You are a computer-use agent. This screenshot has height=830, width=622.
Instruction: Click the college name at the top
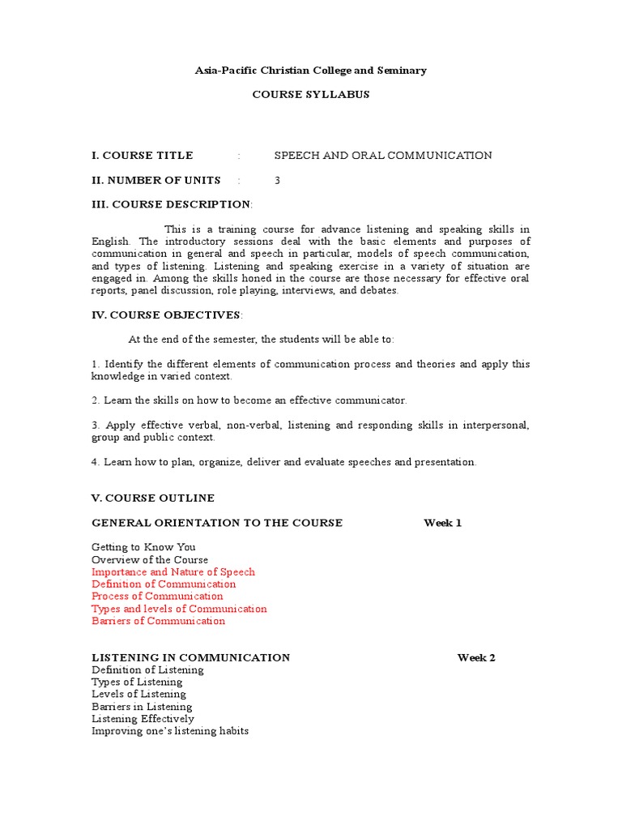point(310,71)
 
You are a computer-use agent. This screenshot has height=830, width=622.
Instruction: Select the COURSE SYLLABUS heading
point(310,94)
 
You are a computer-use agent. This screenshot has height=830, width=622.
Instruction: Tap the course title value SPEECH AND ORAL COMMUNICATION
point(383,156)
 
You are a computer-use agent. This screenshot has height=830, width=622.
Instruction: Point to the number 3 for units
point(277,180)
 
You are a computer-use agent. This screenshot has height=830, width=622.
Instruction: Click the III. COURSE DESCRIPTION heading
point(172,204)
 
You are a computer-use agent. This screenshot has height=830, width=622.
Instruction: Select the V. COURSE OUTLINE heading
point(153,498)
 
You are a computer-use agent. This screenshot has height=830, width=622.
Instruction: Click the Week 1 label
point(442,523)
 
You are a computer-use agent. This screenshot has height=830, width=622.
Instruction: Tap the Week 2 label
point(476,657)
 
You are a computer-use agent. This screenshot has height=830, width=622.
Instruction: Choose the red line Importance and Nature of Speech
point(173,572)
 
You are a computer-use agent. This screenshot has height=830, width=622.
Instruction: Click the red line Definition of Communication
point(164,584)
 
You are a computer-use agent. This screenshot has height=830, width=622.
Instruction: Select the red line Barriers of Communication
point(159,621)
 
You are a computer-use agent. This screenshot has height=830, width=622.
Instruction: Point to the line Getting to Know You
point(143,547)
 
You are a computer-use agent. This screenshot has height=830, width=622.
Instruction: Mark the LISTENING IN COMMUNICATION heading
point(191,657)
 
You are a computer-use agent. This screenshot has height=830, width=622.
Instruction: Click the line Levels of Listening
point(138,695)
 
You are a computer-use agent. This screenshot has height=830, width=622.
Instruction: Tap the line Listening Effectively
point(143,719)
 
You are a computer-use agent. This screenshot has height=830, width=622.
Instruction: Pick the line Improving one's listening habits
point(170,731)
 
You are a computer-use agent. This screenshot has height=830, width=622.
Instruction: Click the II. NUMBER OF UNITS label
point(156,180)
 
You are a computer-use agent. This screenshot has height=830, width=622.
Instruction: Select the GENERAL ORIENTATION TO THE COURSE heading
point(217,523)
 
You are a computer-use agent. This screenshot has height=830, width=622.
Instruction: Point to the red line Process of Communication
point(157,597)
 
